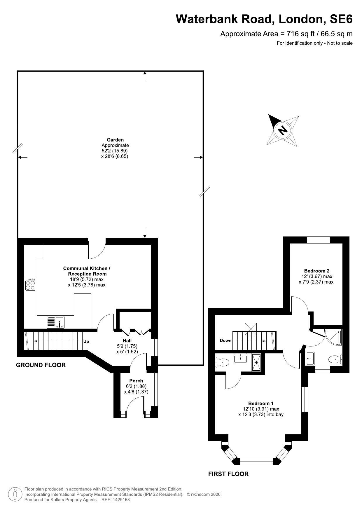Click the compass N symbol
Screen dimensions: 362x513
point(282,130)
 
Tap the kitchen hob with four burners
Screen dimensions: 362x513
point(31,284)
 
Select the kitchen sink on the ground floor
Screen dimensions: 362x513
point(56,322)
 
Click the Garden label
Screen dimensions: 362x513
point(115,140)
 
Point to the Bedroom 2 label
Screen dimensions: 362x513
point(317,271)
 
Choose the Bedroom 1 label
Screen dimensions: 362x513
point(261,403)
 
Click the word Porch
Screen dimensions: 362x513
point(136,381)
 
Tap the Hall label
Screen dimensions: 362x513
point(127,341)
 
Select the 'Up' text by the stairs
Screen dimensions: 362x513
point(86,341)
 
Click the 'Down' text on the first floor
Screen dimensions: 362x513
point(226,340)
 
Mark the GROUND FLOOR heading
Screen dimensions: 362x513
point(41,365)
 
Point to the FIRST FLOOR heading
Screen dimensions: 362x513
point(228,474)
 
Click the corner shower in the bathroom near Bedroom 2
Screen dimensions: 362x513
point(333,338)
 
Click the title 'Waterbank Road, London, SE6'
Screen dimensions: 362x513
point(264,19)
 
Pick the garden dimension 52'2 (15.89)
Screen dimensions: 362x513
point(115,151)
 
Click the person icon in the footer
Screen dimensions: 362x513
point(15,494)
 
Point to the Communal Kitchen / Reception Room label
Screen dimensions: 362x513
point(87,271)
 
